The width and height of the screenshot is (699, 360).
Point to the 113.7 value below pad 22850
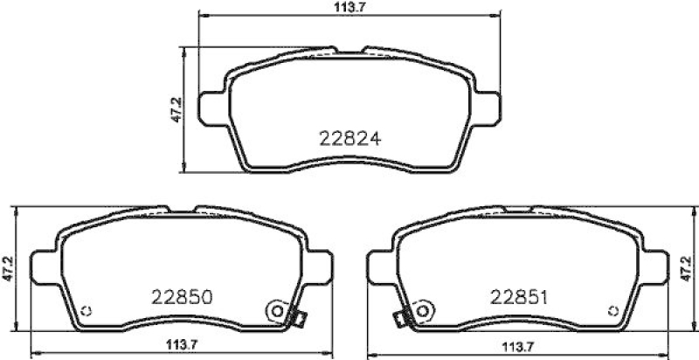180,343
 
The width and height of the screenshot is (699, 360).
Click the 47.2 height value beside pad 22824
175,112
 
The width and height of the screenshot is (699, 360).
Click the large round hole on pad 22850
276,309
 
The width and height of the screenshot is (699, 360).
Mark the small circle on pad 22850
85,313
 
